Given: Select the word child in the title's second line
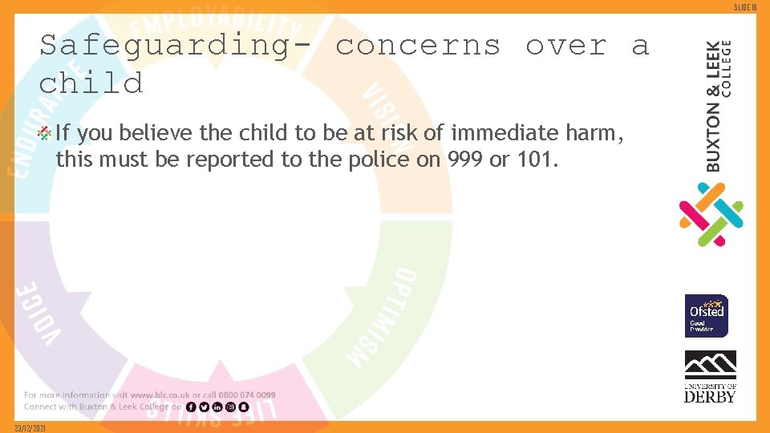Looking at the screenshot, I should [91, 83].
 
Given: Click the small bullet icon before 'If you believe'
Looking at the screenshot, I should [46, 133].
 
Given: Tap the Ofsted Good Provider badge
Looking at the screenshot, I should [707, 316].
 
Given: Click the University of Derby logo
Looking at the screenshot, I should [710, 376].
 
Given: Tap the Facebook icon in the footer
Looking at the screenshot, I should [191, 407].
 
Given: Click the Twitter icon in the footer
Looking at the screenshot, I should [204, 407].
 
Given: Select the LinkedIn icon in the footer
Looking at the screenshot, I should [217, 407].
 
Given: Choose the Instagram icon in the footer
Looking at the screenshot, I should [230, 407].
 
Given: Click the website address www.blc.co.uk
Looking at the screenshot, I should [160, 395].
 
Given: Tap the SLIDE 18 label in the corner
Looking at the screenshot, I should [755, 6].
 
